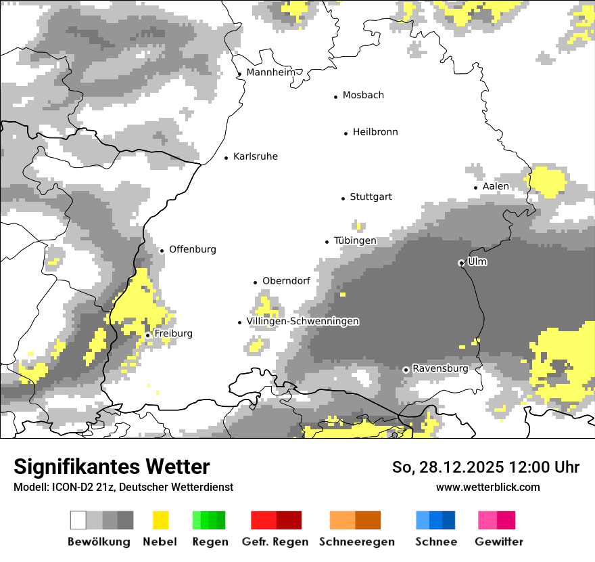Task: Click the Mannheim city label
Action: pos(270,72)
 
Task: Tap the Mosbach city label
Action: pos(363,95)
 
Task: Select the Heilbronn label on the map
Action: pos(375,132)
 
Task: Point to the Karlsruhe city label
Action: pos(255,156)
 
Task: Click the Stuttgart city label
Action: pos(371,197)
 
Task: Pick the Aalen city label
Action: pos(496,186)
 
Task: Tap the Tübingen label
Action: pos(355,240)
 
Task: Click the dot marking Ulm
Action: pos(461,263)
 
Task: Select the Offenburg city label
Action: pos(193,249)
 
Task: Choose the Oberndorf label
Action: pos(286,281)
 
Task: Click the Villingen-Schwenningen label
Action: pos(302,321)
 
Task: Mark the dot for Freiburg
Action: pos(147,335)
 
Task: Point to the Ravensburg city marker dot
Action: pos(406,370)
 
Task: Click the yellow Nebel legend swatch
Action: pos(160,520)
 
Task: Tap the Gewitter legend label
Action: pos(498,542)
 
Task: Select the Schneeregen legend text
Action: pos(356,542)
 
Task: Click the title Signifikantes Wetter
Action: pos(112,467)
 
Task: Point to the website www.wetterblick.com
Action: pos(487,487)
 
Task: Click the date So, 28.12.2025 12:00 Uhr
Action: pos(485,467)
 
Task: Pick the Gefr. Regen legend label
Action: pos(275,542)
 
